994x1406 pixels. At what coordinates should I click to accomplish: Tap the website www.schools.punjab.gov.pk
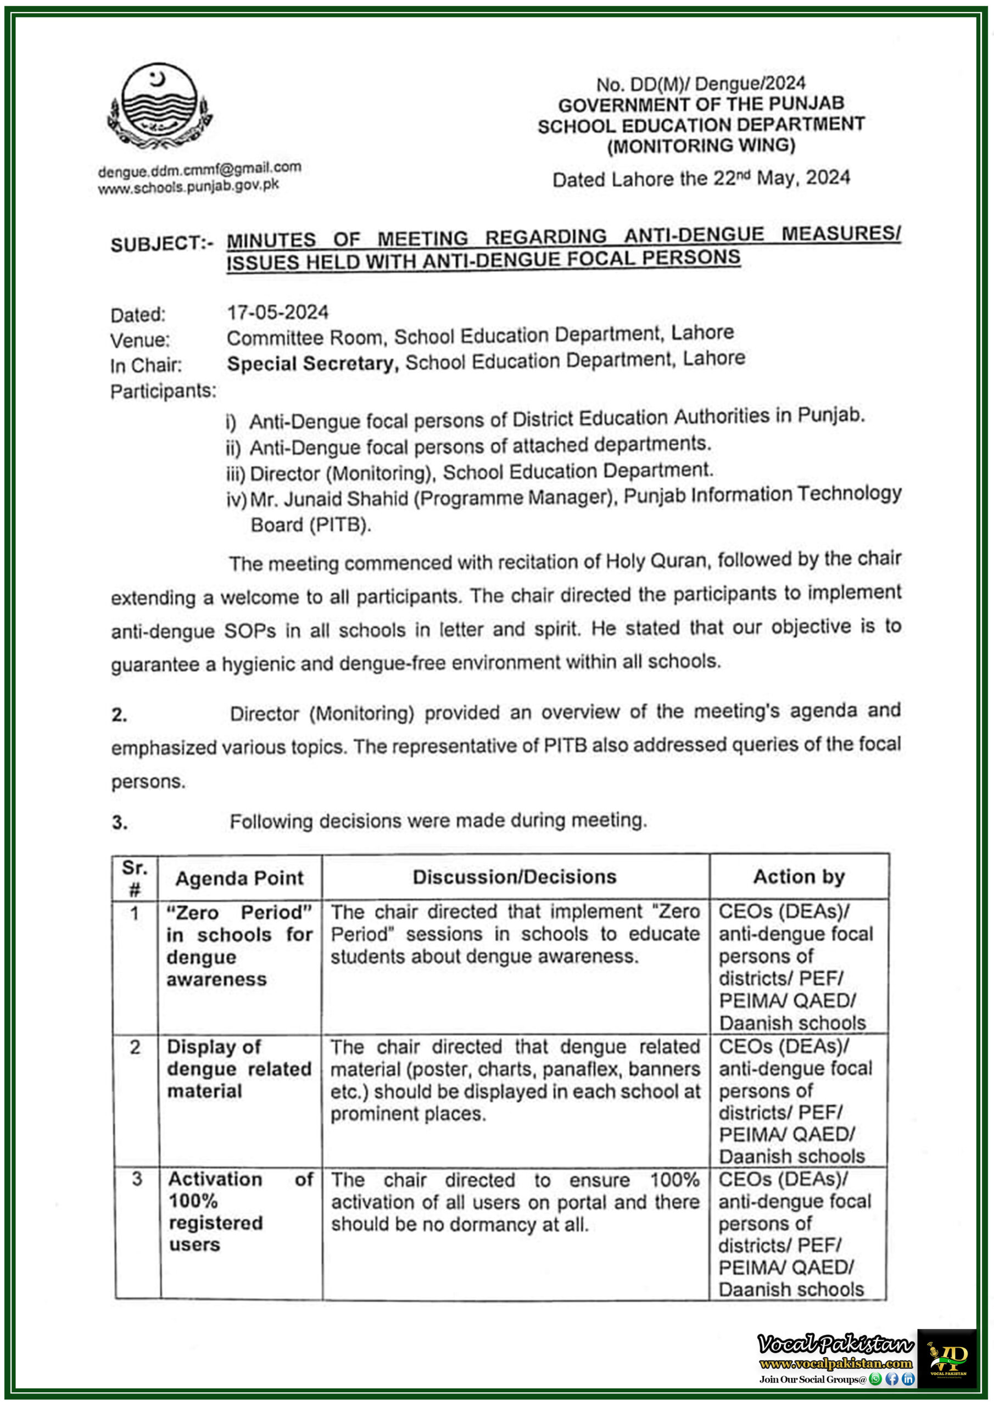click(188, 186)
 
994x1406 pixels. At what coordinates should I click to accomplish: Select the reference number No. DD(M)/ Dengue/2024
click(701, 84)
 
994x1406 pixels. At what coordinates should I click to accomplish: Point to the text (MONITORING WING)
click(701, 146)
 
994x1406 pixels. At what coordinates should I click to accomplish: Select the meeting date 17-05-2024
click(277, 313)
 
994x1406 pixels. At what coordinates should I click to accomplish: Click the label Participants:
click(163, 390)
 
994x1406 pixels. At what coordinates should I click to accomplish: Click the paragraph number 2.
click(119, 715)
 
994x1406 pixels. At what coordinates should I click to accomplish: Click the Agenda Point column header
click(239, 878)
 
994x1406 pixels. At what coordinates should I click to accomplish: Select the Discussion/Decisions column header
click(515, 877)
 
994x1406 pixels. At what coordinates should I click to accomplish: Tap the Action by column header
click(798, 877)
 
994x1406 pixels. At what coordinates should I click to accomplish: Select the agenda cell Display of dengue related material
click(239, 1069)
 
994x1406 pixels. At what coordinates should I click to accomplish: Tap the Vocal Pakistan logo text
click(835, 1344)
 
